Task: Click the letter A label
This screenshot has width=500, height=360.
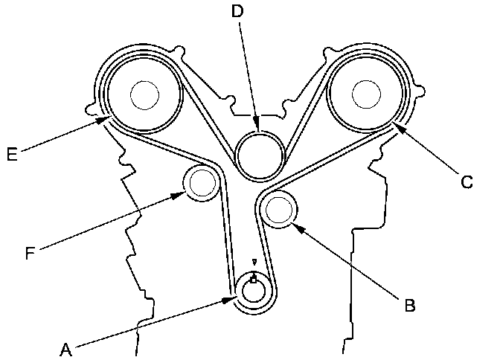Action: tap(65, 347)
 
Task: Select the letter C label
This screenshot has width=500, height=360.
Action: tap(467, 181)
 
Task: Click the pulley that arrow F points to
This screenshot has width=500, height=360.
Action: tap(201, 182)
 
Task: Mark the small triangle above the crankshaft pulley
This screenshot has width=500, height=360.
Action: tap(254, 262)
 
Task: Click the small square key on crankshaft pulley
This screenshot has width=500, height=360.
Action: tap(254, 279)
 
